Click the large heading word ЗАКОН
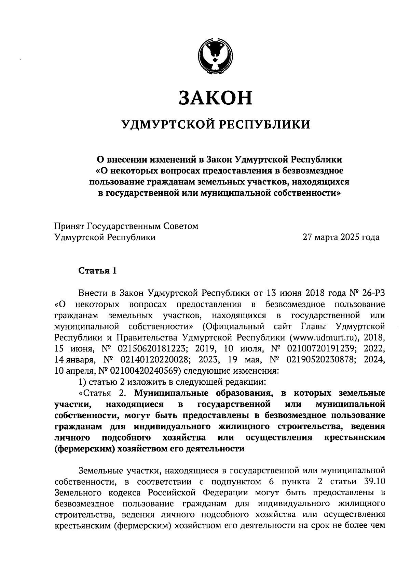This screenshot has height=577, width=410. coord(216,98)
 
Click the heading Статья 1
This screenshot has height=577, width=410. coord(98,271)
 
